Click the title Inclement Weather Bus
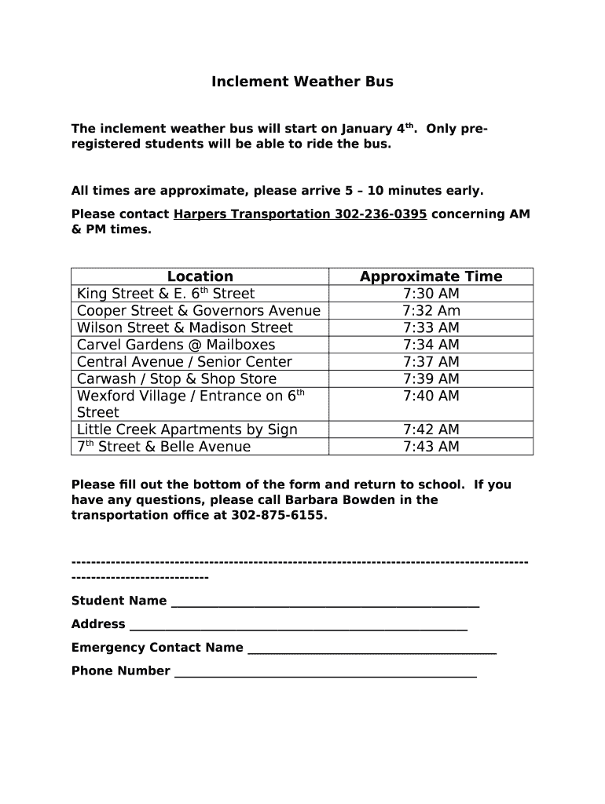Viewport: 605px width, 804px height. [x=302, y=82]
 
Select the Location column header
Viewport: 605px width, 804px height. [x=200, y=276]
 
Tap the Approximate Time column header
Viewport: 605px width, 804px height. [x=431, y=276]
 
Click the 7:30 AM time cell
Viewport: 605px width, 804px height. [x=431, y=294]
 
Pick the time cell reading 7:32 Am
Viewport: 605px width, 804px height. [x=431, y=311]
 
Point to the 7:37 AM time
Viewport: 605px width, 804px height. [x=431, y=362]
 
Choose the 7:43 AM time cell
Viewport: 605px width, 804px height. [x=431, y=447]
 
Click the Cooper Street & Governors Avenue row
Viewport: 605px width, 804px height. [x=199, y=311]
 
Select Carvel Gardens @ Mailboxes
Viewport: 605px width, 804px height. [x=176, y=345]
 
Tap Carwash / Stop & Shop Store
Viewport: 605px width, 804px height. [x=177, y=379]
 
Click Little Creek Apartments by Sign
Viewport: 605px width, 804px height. [x=187, y=429]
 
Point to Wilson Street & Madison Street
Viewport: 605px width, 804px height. [x=185, y=328]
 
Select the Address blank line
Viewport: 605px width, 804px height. [x=299, y=627]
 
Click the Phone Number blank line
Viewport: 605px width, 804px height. [x=325, y=673]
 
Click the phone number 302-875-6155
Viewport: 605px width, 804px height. [x=278, y=516]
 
